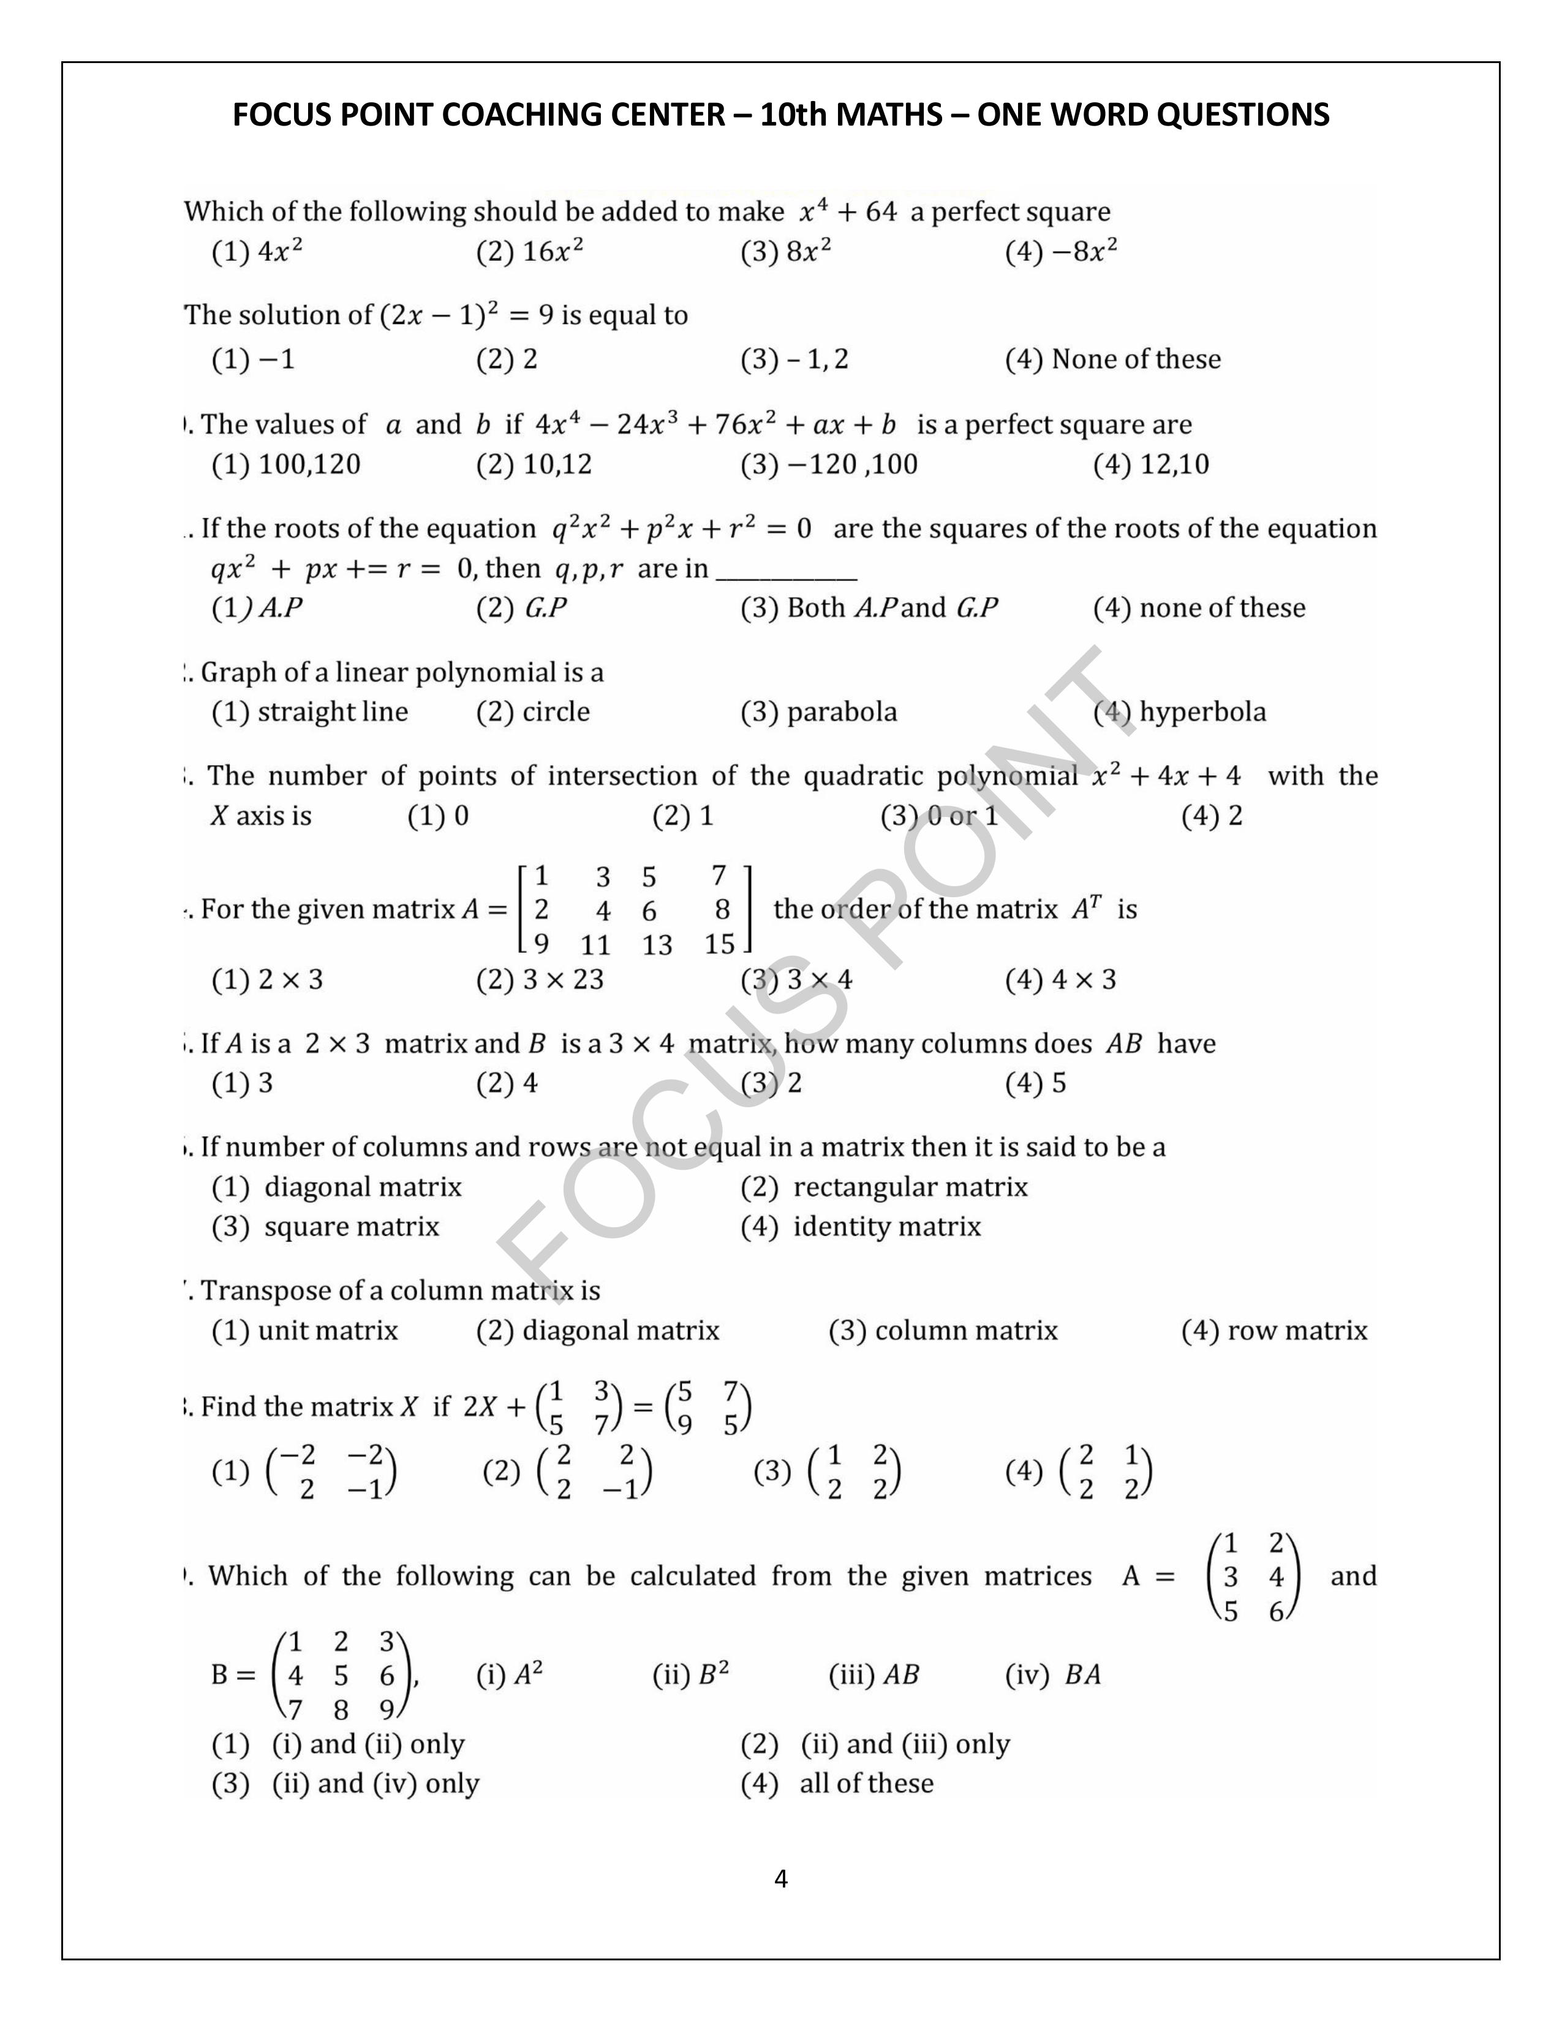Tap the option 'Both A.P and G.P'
click(869, 608)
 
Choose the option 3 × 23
click(540, 979)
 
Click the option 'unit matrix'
click(306, 1331)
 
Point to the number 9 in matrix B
click(387, 1709)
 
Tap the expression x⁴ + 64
click(848, 212)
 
